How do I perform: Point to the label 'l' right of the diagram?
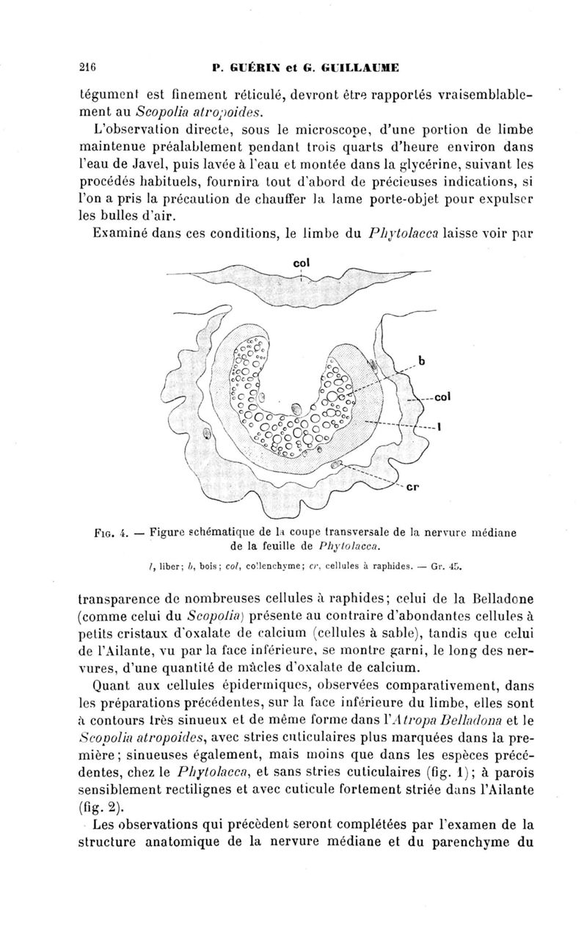[x=438, y=430]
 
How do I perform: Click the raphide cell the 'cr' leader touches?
[x=337, y=464]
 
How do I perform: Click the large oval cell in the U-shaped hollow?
[x=296, y=409]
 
